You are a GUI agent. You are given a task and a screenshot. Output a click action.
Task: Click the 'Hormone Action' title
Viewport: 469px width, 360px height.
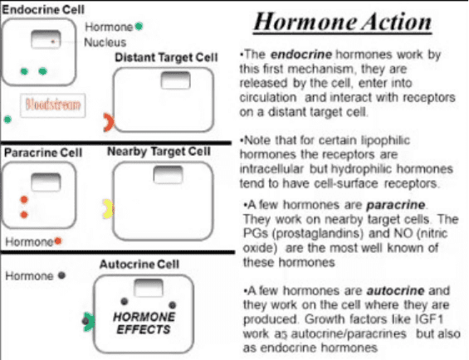tap(343, 22)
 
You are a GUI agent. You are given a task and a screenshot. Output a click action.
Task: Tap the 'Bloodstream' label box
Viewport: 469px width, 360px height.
tap(53, 105)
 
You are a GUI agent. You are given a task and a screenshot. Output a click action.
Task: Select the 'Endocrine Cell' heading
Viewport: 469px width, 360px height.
tap(43, 10)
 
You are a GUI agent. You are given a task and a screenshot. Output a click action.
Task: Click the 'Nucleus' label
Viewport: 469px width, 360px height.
tap(105, 42)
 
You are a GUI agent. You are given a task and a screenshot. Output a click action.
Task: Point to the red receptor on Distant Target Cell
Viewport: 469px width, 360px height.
tap(108, 122)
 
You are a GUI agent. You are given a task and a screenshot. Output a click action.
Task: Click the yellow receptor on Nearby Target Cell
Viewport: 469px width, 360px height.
tap(107, 209)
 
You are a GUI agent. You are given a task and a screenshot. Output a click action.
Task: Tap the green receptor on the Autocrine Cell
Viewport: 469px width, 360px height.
tap(90, 322)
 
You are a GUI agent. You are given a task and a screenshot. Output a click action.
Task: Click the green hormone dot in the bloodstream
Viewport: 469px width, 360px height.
tap(7, 119)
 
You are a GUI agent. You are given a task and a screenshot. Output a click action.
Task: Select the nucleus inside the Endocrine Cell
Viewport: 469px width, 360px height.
tap(46, 39)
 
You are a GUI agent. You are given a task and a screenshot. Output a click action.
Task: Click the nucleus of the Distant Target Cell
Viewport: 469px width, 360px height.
tap(176, 80)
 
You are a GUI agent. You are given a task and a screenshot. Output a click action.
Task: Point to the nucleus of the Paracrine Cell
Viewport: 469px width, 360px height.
tap(46, 182)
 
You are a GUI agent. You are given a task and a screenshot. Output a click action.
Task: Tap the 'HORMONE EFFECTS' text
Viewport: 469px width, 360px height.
tap(144, 323)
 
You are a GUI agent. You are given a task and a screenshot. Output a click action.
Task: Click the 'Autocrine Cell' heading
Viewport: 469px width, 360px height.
tap(139, 265)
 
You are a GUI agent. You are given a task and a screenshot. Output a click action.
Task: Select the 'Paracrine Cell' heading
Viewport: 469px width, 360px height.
tap(43, 153)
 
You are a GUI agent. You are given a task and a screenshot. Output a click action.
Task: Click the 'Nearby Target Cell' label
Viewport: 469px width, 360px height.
tap(159, 151)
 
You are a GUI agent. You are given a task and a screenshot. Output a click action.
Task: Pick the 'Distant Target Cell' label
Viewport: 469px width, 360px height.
tap(166, 57)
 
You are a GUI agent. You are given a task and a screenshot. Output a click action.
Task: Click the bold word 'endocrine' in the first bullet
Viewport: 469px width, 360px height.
tap(300, 55)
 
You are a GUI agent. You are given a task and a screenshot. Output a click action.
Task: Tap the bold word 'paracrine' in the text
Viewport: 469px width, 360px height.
tap(396, 205)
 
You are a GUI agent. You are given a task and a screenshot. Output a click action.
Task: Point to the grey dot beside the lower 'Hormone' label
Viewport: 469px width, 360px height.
tap(61, 275)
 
